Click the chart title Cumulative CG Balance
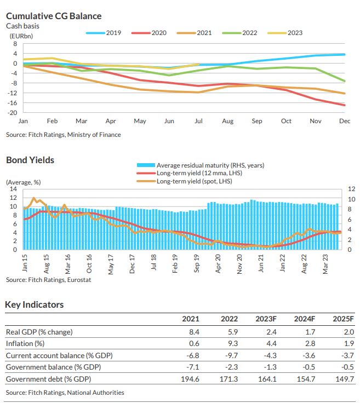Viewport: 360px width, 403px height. (x=54, y=16)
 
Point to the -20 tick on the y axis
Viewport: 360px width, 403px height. (x=13, y=113)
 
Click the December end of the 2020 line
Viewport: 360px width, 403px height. (x=344, y=105)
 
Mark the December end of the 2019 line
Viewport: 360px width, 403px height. (x=344, y=54)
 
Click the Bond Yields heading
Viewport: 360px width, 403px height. (x=30, y=160)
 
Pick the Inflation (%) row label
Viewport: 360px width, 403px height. (x=25, y=343)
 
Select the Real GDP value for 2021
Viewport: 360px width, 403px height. (x=194, y=331)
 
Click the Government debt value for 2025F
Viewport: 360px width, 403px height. (x=341, y=379)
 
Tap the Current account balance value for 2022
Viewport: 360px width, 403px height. (x=230, y=355)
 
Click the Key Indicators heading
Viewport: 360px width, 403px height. (x=35, y=304)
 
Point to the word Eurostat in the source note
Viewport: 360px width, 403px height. (x=78, y=280)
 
